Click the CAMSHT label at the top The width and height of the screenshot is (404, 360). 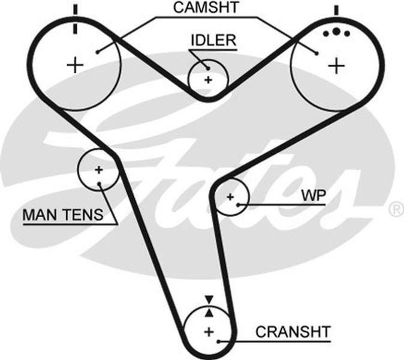pyautogui.click(x=206, y=7)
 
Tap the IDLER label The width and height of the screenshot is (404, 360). pyautogui.click(x=213, y=40)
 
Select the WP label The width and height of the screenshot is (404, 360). pyautogui.click(x=313, y=196)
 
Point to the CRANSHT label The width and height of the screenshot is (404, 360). pyautogui.click(x=293, y=332)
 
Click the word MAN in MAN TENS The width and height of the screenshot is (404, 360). pyautogui.click(x=41, y=215)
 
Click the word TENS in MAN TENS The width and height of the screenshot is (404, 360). pyautogui.click(x=83, y=215)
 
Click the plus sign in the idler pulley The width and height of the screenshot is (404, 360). pyautogui.click(x=208, y=80)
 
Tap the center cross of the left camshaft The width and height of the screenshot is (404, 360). pyautogui.click(x=75, y=65)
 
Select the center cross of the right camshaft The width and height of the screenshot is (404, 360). pyautogui.click(x=336, y=66)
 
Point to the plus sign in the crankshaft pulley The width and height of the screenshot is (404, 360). pyautogui.click(x=209, y=332)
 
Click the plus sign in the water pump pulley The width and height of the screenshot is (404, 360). pyautogui.click(x=230, y=197)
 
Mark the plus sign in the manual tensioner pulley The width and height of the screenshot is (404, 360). pyautogui.click(x=98, y=170)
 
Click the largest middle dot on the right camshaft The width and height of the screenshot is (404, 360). pyautogui.click(x=336, y=31)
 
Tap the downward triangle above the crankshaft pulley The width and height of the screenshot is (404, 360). pyautogui.click(x=209, y=299)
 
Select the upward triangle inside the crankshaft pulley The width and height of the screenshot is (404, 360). pyautogui.click(x=209, y=313)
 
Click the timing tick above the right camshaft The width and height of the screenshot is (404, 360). pyautogui.click(x=336, y=10)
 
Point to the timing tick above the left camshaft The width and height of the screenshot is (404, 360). pyautogui.click(x=76, y=19)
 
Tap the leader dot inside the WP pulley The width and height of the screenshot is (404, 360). pyautogui.click(x=239, y=205)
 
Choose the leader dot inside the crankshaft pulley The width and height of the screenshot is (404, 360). pyautogui.click(x=219, y=341)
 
